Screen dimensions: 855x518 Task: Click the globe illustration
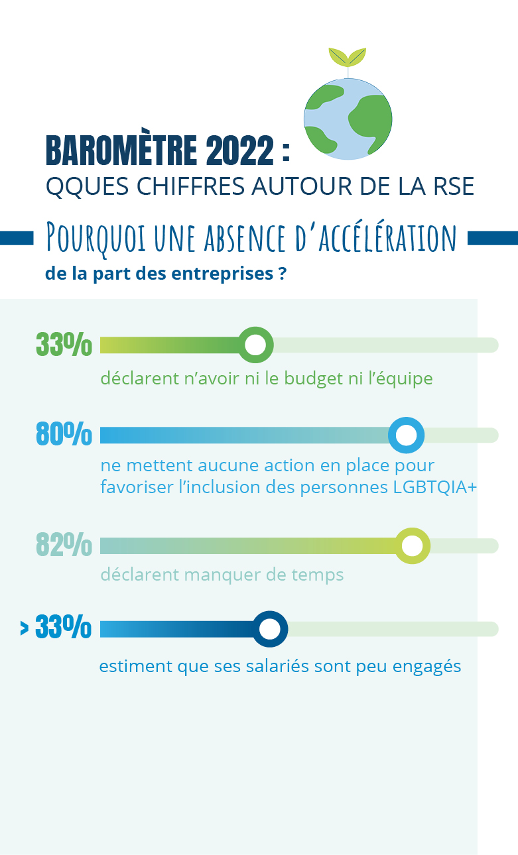coord(348,119)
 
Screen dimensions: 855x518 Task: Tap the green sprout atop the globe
coord(348,57)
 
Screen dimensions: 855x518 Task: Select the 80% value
coord(64,435)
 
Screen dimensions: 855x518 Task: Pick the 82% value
coord(64,545)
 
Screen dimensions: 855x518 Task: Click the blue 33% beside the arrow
coord(64,628)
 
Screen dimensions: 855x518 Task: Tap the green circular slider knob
coord(255,345)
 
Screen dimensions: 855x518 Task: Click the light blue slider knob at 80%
coord(406,435)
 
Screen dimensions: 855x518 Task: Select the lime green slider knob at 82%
coord(412,546)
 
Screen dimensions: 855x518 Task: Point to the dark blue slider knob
coord(269,629)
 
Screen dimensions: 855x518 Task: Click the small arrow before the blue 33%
coord(25,628)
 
